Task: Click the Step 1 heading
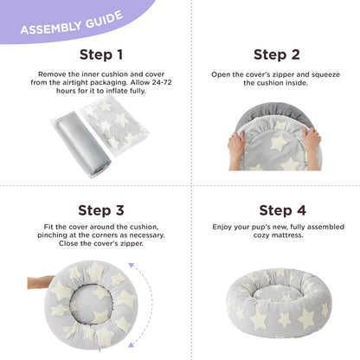click(90, 55)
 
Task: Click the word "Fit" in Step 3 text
click(45, 227)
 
